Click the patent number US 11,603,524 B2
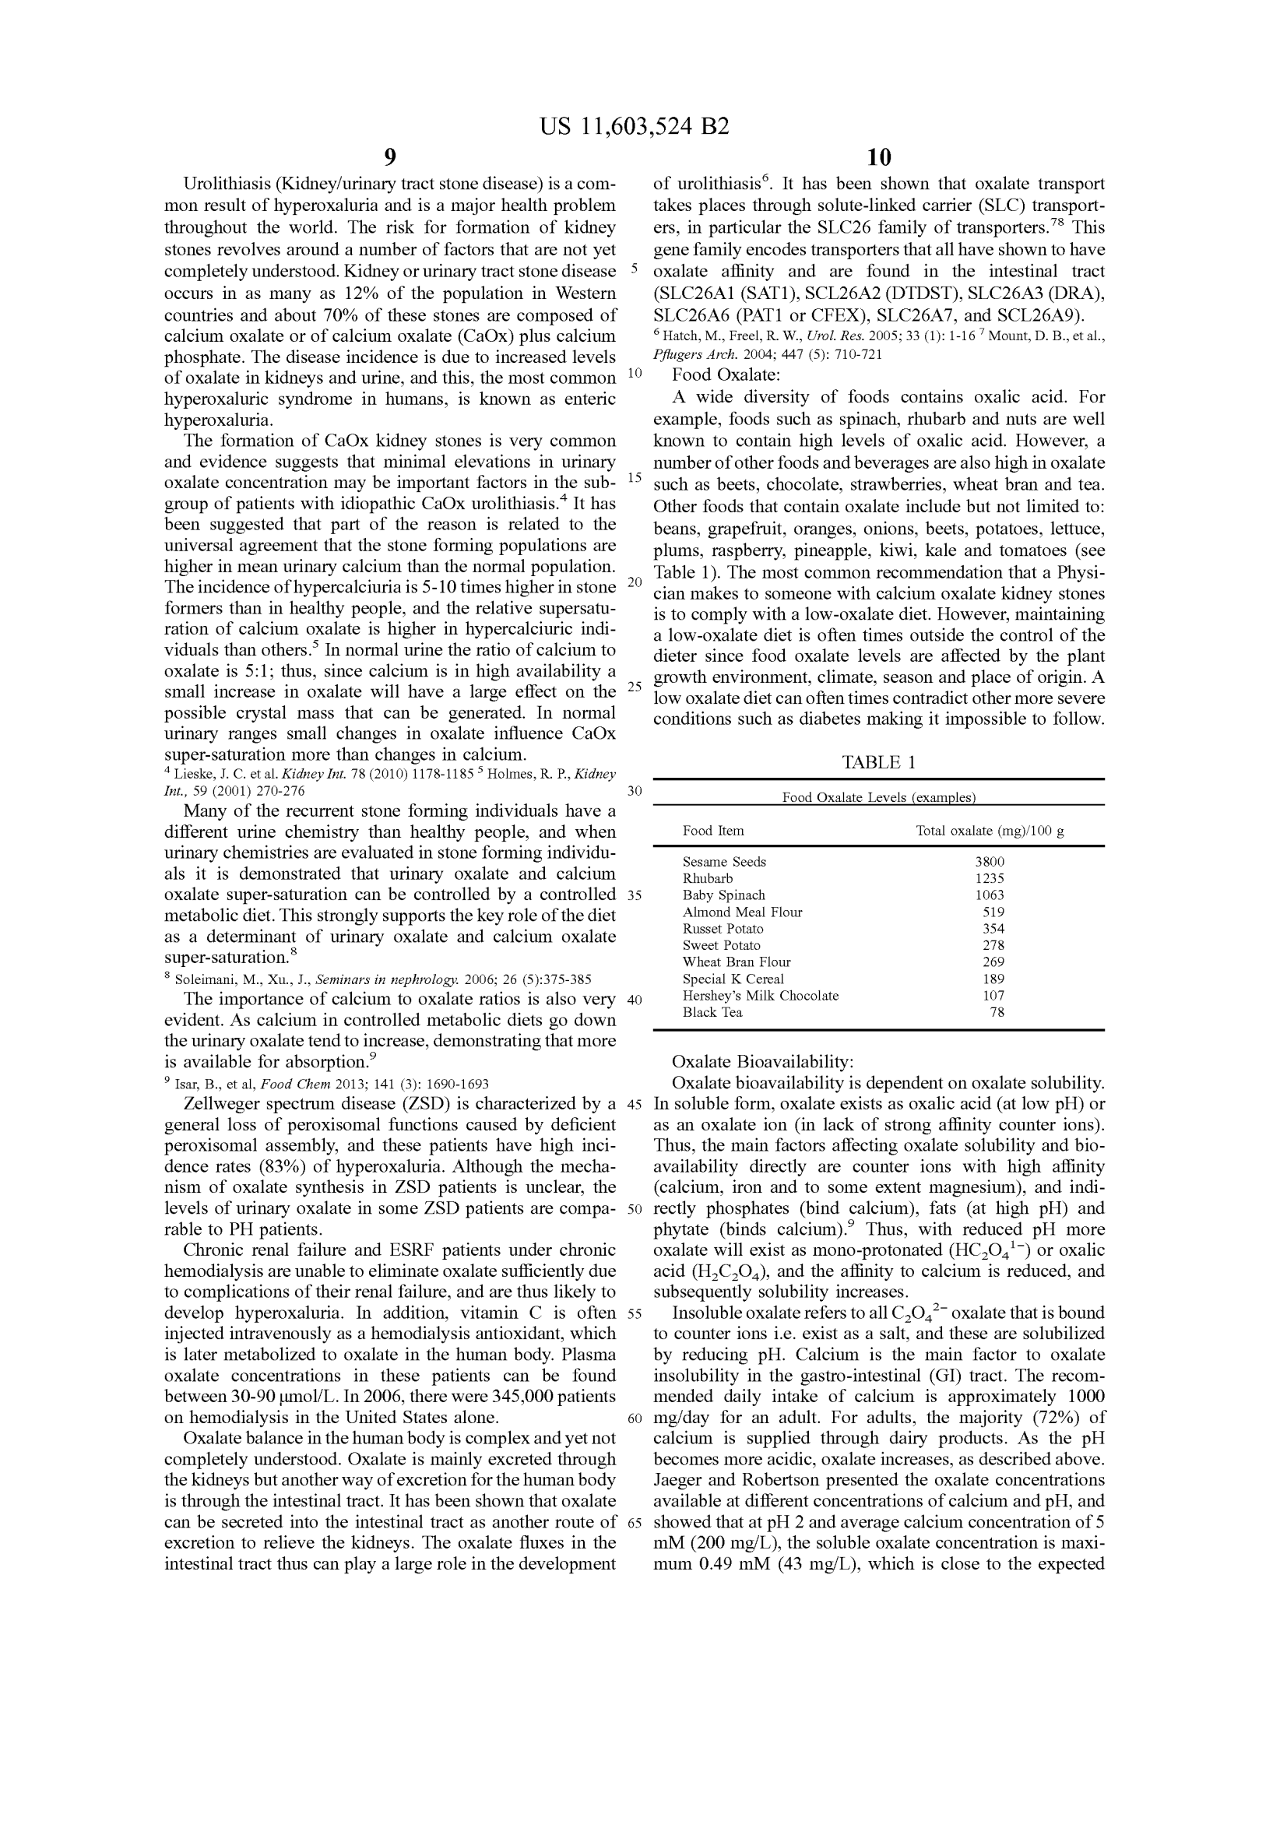click(x=634, y=127)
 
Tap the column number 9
click(x=390, y=157)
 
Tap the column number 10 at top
click(x=878, y=157)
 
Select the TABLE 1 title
click(x=878, y=763)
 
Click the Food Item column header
click(x=713, y=831)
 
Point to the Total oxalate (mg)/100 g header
click(x=990, y=831)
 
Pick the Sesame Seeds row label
click(x=724, y=862)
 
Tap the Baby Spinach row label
click(x=724, y=895)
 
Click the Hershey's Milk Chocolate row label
click(x=761, y=997)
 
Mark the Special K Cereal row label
click(x=733, y=979)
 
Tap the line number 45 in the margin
click(x=634, y=1104)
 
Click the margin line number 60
click(x=634, y=1419)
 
